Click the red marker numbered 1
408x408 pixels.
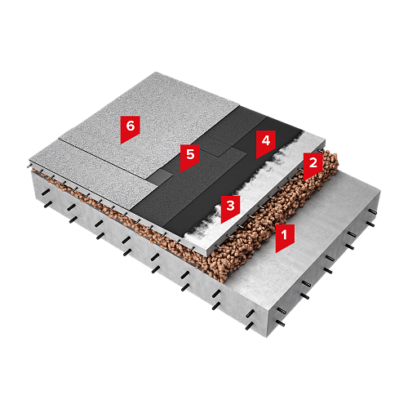click(285, 237)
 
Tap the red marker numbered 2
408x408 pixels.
click(313, 165)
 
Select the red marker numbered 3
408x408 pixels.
click(230, 208)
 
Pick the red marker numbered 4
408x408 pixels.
click(266, 143)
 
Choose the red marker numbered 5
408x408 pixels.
click(190, 157)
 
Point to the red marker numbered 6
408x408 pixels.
click(131, 128)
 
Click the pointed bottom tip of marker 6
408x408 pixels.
click(122, 144)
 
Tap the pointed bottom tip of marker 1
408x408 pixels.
click(277, 253)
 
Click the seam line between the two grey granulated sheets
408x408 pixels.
click(104, 158)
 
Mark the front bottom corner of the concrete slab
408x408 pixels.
click(267, 337)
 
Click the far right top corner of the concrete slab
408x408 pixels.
click(380, 192)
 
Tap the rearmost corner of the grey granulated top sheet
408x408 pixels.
click(156, 72)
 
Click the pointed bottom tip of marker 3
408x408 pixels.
click(222, 224)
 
